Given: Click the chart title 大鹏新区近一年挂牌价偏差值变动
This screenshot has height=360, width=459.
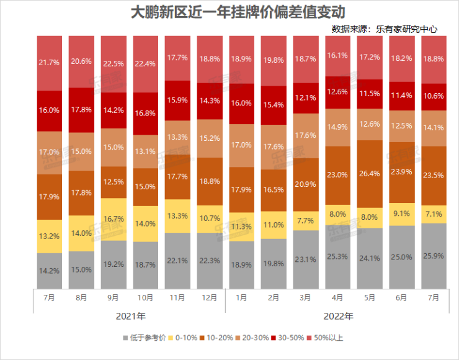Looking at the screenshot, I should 229,12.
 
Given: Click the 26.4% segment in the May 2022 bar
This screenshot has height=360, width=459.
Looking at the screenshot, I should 370,173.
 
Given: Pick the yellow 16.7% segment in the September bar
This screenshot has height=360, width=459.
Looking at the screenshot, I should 114,219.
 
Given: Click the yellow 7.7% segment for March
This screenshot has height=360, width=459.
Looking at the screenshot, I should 305,221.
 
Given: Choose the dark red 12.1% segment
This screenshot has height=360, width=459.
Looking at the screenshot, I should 305,98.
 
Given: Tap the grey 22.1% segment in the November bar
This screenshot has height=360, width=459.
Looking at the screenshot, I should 179,260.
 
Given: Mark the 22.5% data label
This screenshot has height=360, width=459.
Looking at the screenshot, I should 114,62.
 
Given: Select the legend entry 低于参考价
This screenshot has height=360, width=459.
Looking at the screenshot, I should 143,338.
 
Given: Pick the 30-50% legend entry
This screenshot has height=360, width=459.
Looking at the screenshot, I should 289,338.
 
